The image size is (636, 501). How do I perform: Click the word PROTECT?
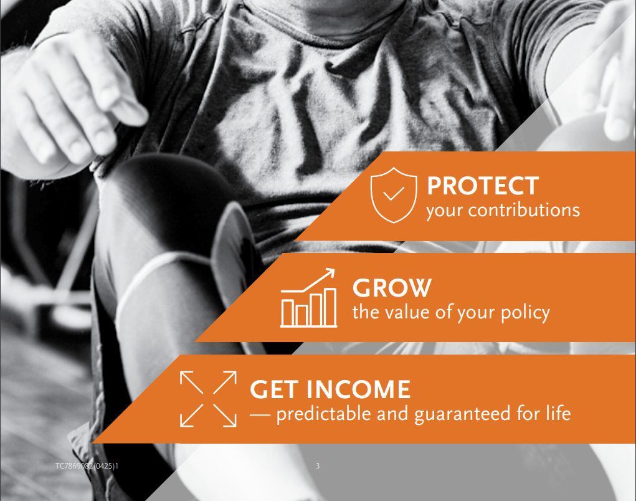(483, 186)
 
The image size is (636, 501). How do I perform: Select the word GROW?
(392, 288)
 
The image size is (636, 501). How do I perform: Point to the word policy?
(525, 313)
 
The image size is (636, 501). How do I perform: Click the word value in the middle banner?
(406, 312)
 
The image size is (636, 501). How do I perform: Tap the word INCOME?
(358, 389)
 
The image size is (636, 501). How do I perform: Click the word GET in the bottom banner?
(275, 389)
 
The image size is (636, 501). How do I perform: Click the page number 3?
(318, 466)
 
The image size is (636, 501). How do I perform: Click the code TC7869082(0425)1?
(87, 466)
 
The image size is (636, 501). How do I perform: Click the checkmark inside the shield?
(394, 194)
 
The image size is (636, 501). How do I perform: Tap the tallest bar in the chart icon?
(331, 307)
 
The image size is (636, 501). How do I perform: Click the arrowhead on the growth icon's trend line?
(331, 272)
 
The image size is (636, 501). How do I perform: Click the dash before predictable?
(260, 414)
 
